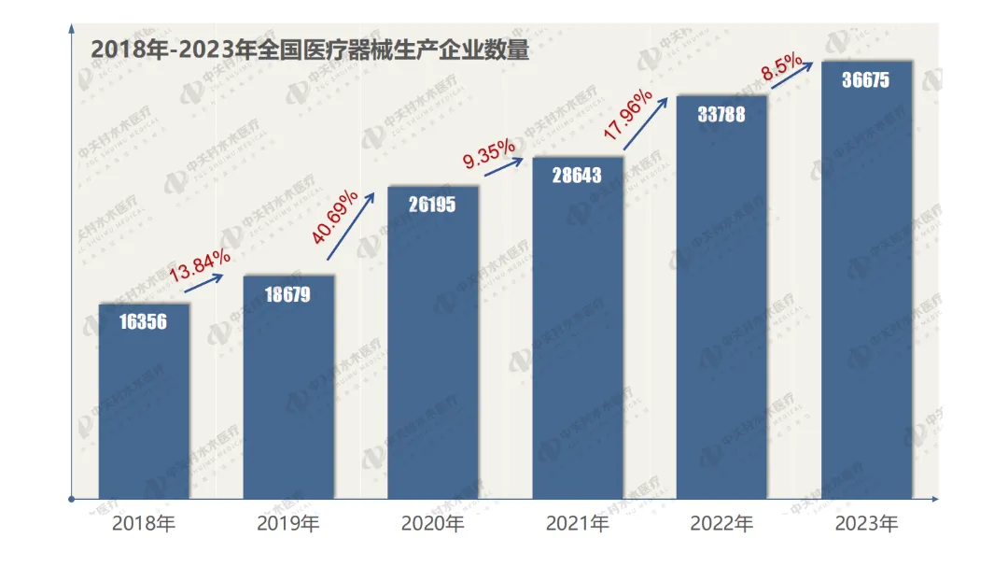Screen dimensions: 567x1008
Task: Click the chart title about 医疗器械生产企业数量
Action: click(310, 50)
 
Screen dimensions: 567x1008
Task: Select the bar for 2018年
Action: click(144, 402)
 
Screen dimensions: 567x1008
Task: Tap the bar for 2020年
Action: click(433, 346)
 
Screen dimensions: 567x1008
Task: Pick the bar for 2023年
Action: click(866, 280)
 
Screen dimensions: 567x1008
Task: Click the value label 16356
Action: click(144, 322)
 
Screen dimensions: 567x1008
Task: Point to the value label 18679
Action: click(287, 294)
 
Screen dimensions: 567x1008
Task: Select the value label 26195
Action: click(432, 205)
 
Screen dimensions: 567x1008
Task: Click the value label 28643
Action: click(577, 175)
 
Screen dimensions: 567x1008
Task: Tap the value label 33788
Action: click(721, 114)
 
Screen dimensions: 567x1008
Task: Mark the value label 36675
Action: click(865, 80)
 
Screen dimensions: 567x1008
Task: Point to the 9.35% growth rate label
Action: click(488, 152)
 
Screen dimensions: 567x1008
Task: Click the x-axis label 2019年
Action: click(287, 523)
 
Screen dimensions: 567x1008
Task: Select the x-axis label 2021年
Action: click(577, 523)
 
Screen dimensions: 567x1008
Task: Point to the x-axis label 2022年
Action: click(721, 523)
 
